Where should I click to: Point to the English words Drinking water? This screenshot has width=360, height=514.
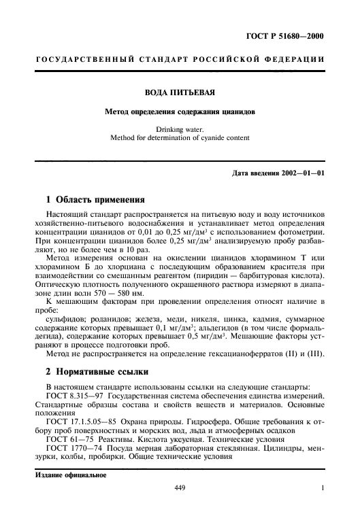click(180, 129)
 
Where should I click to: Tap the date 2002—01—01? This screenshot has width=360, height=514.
click(301, 173)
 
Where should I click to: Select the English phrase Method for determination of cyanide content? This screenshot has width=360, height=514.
click(180, 138)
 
